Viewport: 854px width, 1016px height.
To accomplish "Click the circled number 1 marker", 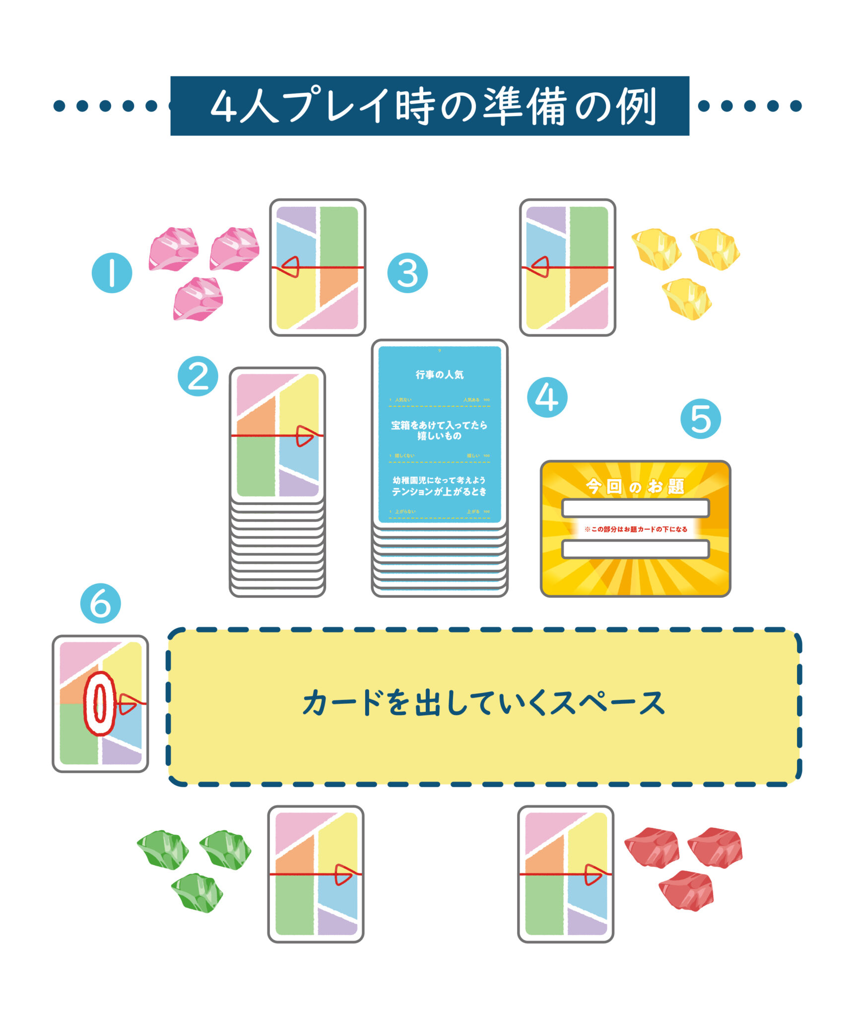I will coord(112,272).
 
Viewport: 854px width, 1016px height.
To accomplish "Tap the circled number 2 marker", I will coord(197,376).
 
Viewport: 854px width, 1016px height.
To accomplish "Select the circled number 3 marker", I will coord(407,272).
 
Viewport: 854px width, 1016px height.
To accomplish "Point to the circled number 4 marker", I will coord(547,397).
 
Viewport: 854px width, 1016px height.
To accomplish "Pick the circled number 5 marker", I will coord(700,419).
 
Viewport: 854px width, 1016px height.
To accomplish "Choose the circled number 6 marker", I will coord(100,603).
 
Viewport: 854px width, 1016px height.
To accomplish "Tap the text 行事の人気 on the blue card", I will coord(439,375).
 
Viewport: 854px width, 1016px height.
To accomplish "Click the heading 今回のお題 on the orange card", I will coord(635,486).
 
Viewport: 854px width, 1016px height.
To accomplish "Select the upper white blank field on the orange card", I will coord(635,508).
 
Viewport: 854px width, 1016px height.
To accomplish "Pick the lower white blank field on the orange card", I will coord(635,549).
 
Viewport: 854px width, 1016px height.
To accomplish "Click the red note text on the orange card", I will coord(635,529).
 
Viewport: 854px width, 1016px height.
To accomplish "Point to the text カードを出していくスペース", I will coord(483,702).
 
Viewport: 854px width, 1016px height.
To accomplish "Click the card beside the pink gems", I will coord(318,267).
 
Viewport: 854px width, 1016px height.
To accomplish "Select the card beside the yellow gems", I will coord(567,267).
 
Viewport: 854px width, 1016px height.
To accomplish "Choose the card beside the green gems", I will coord(316,874).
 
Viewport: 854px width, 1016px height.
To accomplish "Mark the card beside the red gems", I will coord(566,874).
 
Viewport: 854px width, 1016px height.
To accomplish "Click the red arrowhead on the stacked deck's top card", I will coord(304,436).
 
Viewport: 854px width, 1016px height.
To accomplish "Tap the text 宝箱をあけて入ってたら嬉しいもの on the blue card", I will coord(439,430).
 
